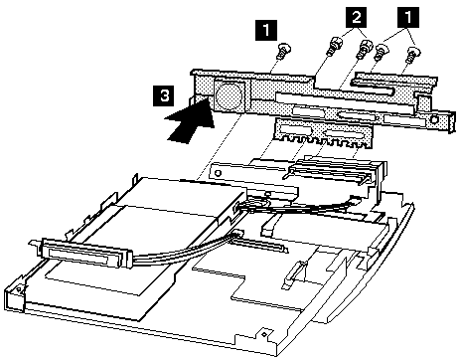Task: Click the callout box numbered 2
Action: pos(352,17)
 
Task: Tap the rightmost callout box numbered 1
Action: pos(404,17)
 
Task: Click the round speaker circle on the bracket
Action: pos(228,95)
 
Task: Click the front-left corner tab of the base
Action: pos(14,290)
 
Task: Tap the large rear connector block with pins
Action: pos(328,179)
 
